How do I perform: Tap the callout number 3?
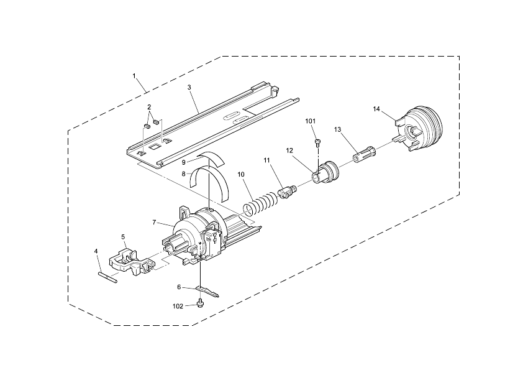189,88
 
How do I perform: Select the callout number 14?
376,109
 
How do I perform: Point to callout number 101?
311,121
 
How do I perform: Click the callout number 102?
178,305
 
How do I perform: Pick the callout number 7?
155,222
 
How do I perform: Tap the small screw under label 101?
317,142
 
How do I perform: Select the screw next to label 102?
201,303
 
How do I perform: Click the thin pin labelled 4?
107,275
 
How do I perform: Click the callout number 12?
289,150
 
